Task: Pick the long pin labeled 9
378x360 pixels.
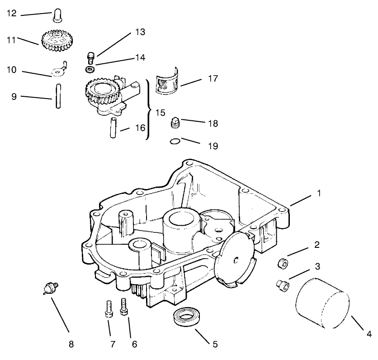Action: (x=59, y=95)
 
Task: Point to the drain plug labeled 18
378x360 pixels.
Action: (x=175, y=123)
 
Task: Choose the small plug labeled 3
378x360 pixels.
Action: (x=283, y=284)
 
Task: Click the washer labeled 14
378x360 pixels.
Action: (x=90, y=69)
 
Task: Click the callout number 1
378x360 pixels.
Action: (x=318, y=192)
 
